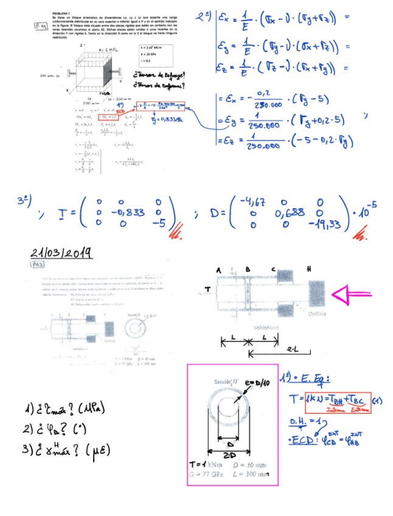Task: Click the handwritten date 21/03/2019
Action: pyautogui.click(x=61, y=253)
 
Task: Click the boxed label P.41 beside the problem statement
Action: pyautogui.click(x=40, y=27)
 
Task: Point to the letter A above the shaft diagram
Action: pyautogui.click(x=219, y=268)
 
